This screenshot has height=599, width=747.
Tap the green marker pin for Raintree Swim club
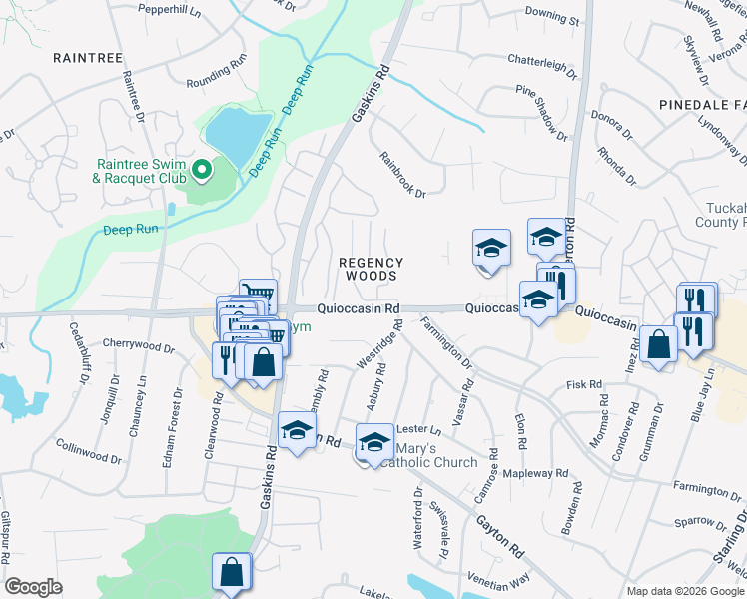click(202, 171)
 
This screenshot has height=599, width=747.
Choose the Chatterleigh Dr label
click(542, 65)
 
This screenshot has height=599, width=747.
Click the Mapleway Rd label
click(535, 473)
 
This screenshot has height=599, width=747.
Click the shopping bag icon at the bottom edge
click(231, 572)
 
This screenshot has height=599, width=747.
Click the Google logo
click(34, 588)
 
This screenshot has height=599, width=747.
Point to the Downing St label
click(551, 17)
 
